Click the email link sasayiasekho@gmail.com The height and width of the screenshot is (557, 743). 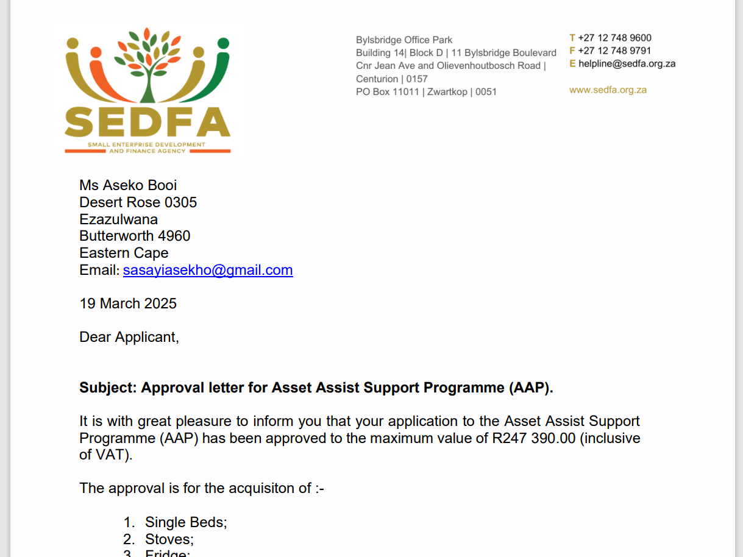coord(208,270)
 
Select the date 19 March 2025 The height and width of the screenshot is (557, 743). coord(128,303)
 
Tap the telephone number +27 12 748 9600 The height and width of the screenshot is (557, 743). coord(614,38)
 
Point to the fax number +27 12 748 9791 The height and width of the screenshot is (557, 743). coord(614,51)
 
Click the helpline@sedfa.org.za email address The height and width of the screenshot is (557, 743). coord(627,63)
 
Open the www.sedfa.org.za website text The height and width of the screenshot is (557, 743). coord(608,90)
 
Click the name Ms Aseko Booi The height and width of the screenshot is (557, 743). coord(128,185)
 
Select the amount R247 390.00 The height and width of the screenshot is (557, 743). coord(533,438)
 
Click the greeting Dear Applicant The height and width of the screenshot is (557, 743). coord(129,337)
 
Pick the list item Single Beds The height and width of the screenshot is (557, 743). coord(186,522)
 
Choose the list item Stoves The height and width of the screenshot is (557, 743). coord(169,539)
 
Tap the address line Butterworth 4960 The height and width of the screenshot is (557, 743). coord(135,236)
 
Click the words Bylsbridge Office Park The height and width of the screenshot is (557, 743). coord(404,40)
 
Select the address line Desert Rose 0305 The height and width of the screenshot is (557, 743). coord(138,202)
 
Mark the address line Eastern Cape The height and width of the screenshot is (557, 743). coord(124,253)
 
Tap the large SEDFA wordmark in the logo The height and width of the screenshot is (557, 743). coord(148,122)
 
